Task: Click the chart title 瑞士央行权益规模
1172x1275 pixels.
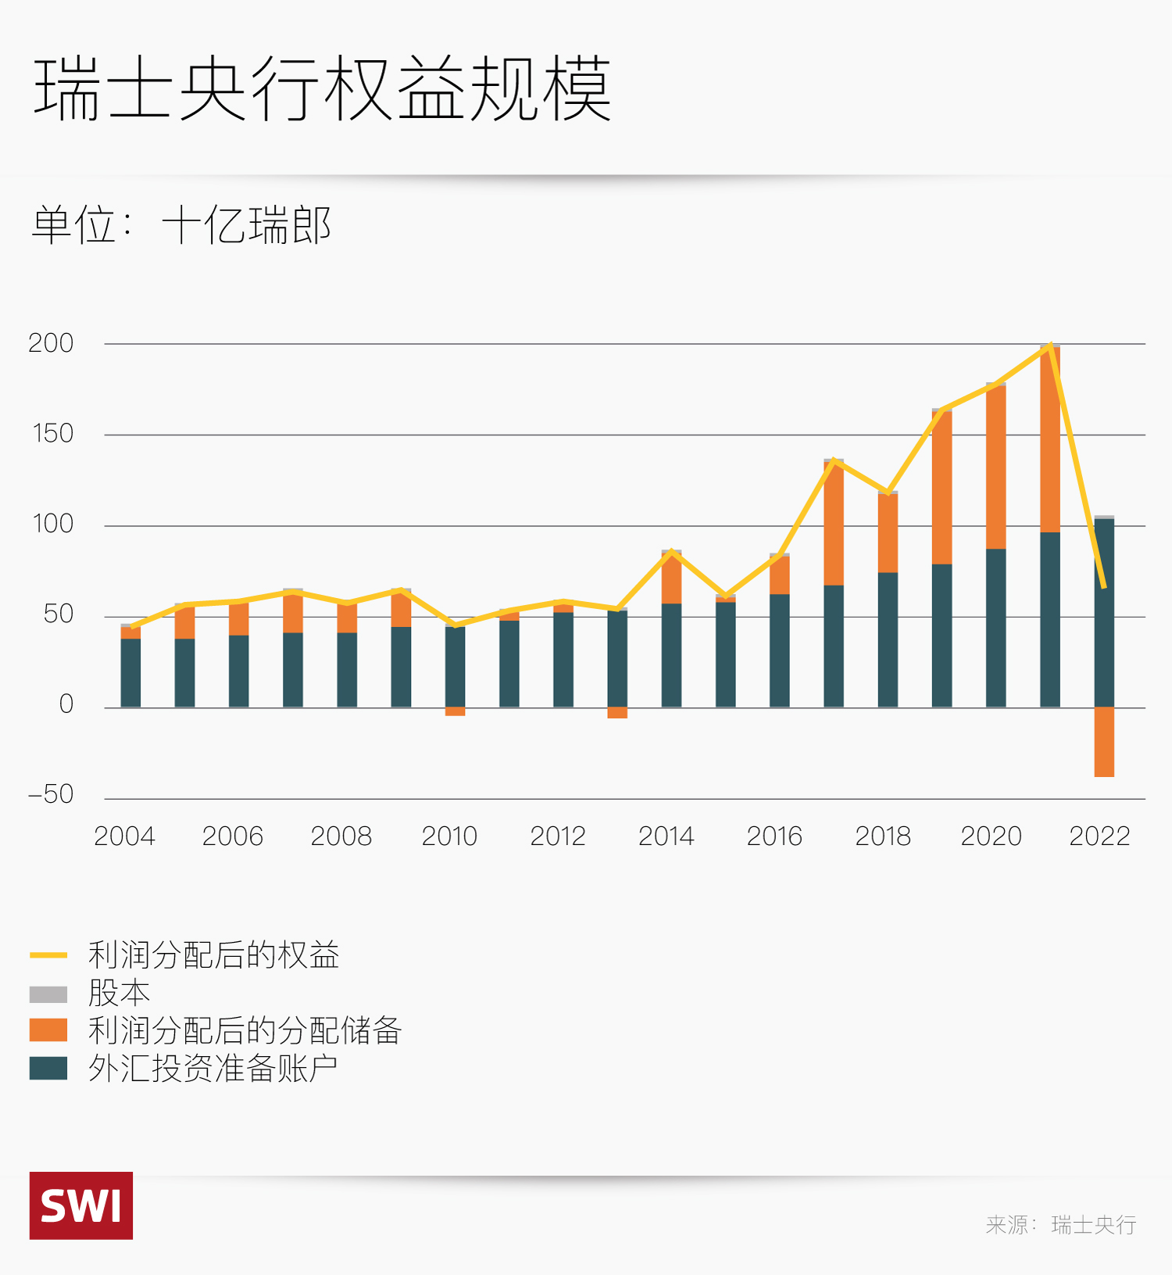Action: [322, 88]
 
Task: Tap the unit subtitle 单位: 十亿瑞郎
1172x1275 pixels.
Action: [181, 225]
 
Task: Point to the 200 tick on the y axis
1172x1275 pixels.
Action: [51, 343]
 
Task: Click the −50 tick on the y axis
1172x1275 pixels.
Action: [51, 794]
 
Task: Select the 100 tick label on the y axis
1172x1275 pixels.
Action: [52, 524]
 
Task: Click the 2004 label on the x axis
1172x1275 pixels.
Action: [124, 836]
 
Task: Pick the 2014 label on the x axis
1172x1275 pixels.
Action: [666, 836]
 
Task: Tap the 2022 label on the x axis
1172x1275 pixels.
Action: [1099, 836]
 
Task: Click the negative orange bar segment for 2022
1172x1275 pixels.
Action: [1104, 742]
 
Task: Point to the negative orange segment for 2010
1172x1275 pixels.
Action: [455, 711]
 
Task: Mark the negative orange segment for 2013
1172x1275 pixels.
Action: [617, 713]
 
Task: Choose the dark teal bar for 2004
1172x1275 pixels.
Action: [130, 673]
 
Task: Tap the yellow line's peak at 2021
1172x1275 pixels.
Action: [1051, 345]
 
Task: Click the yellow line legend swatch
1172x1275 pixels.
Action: [48, 955]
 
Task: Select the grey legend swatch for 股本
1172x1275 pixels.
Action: [48, 994]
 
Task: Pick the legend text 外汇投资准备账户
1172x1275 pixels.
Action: [213, 1069]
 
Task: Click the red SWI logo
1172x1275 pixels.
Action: [81, 1205]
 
